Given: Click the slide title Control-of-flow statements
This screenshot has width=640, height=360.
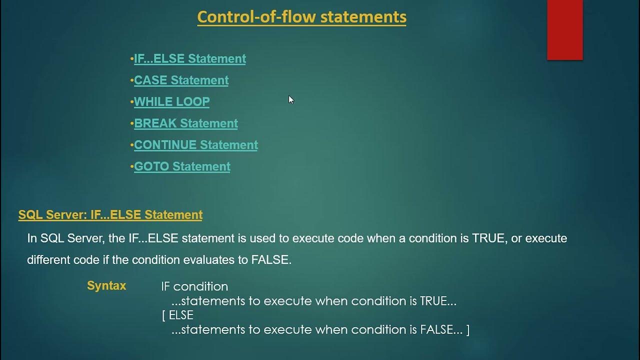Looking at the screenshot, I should coord(301,17).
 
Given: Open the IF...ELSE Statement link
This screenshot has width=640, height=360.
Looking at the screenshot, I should coord(189,58).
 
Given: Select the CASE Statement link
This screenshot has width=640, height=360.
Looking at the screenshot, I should coord(181,80).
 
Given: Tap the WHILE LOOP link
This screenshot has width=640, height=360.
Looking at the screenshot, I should coord(171,101).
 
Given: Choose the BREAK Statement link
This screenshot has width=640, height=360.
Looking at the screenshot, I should coord(185,123).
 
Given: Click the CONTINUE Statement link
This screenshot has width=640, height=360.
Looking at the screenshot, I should coord(195,145).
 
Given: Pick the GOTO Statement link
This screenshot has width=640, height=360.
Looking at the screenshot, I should coord(182,166).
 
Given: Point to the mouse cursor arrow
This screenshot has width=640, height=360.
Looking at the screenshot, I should coord(291,99).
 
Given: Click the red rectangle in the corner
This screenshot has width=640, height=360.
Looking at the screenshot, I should coord(564,30).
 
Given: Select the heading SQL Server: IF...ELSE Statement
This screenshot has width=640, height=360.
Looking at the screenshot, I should coord(110,215).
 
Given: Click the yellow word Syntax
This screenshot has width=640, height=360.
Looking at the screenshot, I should coord(106,286).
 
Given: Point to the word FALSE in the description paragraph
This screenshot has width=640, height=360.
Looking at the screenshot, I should coord(272,260).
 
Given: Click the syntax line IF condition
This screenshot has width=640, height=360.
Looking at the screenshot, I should coord(194,286).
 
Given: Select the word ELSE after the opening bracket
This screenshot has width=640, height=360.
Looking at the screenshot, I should coord(181,315).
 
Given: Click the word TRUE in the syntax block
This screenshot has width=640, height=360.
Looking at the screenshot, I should coord(432,301).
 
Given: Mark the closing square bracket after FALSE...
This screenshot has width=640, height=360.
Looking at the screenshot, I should coord(467,330).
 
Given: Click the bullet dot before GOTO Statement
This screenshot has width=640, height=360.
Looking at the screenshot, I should coord(131,166).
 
